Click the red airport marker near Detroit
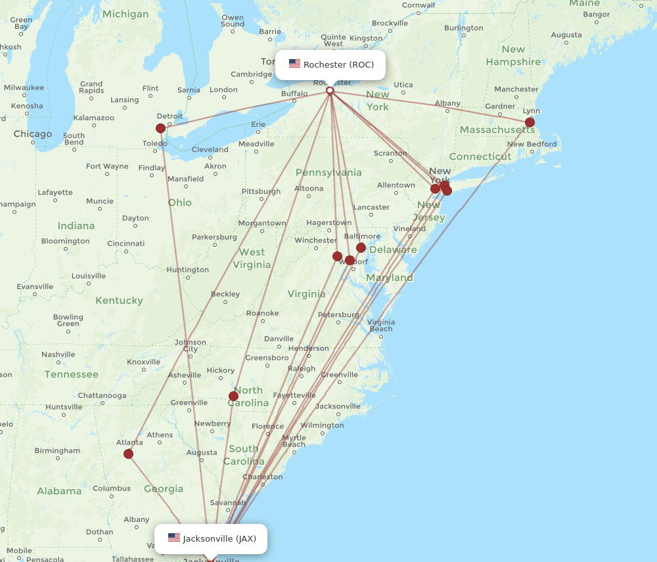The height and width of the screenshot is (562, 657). [x=160, y=128]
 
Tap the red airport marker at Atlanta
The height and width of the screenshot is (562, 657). [x=128, y=454]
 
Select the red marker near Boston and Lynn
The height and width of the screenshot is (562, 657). [x=530, y=122]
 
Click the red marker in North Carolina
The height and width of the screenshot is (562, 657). [x=233, y=396]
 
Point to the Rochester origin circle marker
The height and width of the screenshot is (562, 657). [x=330, y=91]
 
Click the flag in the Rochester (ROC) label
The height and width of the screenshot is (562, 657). [x=294, y=64]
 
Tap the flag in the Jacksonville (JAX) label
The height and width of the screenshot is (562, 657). [x=173, y=538]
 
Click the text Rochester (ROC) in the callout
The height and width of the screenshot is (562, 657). [x=338, y=64]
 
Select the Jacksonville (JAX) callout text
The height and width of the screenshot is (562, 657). [x=219, y=538]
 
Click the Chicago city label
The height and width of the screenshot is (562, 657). [x=33, y=134]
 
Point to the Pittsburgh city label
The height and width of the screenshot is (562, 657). [x=261, y=192]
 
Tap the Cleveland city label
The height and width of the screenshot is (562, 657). [x=210, y=150]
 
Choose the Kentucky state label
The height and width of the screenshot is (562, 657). [x=119, y=301]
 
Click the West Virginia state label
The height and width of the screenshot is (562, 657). [x=252, y=258]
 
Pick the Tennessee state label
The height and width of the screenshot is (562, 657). [x=72, y=374]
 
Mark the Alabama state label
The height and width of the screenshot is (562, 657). [x=59, y=491]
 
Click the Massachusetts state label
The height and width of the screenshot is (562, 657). [x=497, y=130]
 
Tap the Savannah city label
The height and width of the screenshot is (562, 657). [x=228, y=503]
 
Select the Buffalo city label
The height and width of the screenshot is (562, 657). [x=294, y=94]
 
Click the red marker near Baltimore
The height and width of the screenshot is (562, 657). [x=361, y=248]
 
